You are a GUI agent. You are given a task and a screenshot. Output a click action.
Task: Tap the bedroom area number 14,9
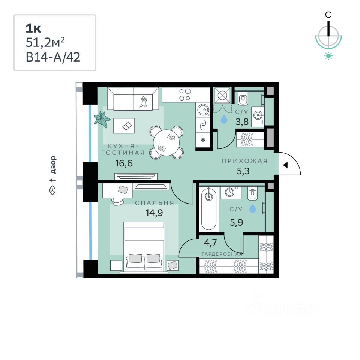(154, 213)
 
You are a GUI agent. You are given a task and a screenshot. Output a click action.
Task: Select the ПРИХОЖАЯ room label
(244, 161)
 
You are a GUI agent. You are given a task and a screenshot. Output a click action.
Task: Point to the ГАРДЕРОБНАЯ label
(222, 254)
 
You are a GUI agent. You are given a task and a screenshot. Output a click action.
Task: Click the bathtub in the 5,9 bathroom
(209, 210)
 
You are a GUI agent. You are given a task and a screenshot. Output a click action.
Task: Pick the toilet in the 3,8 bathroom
(243, 99)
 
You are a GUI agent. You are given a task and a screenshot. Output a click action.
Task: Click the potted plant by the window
(102, 119)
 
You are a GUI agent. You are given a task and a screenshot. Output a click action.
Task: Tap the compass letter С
(328, 15)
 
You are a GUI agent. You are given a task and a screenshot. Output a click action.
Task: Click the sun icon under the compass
(328, 56)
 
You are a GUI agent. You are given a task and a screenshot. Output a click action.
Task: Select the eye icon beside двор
(52, 190)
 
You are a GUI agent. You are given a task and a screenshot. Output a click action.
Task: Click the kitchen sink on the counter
(203, 109)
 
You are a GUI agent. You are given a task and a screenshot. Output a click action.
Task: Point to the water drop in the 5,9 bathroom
(253, 208)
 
